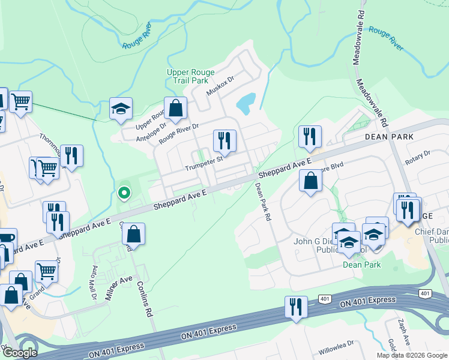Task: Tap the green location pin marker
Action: (x=124, y=193)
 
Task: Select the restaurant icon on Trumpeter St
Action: (x=224, y=141)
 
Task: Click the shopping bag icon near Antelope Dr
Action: (x=176, y=109)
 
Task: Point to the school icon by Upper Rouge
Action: (x=121, y=109)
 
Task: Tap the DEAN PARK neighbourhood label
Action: (x=390, y=137)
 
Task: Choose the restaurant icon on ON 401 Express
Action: (x=296, y=306)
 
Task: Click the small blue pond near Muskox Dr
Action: (x=246, y=104)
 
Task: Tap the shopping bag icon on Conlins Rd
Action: (x=134, y=235)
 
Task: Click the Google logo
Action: (x=20, y=353)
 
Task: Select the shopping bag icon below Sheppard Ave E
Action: (x=310, y=182)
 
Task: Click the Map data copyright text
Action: (x=412, y=355)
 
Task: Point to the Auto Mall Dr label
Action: (x=94, y=283)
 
